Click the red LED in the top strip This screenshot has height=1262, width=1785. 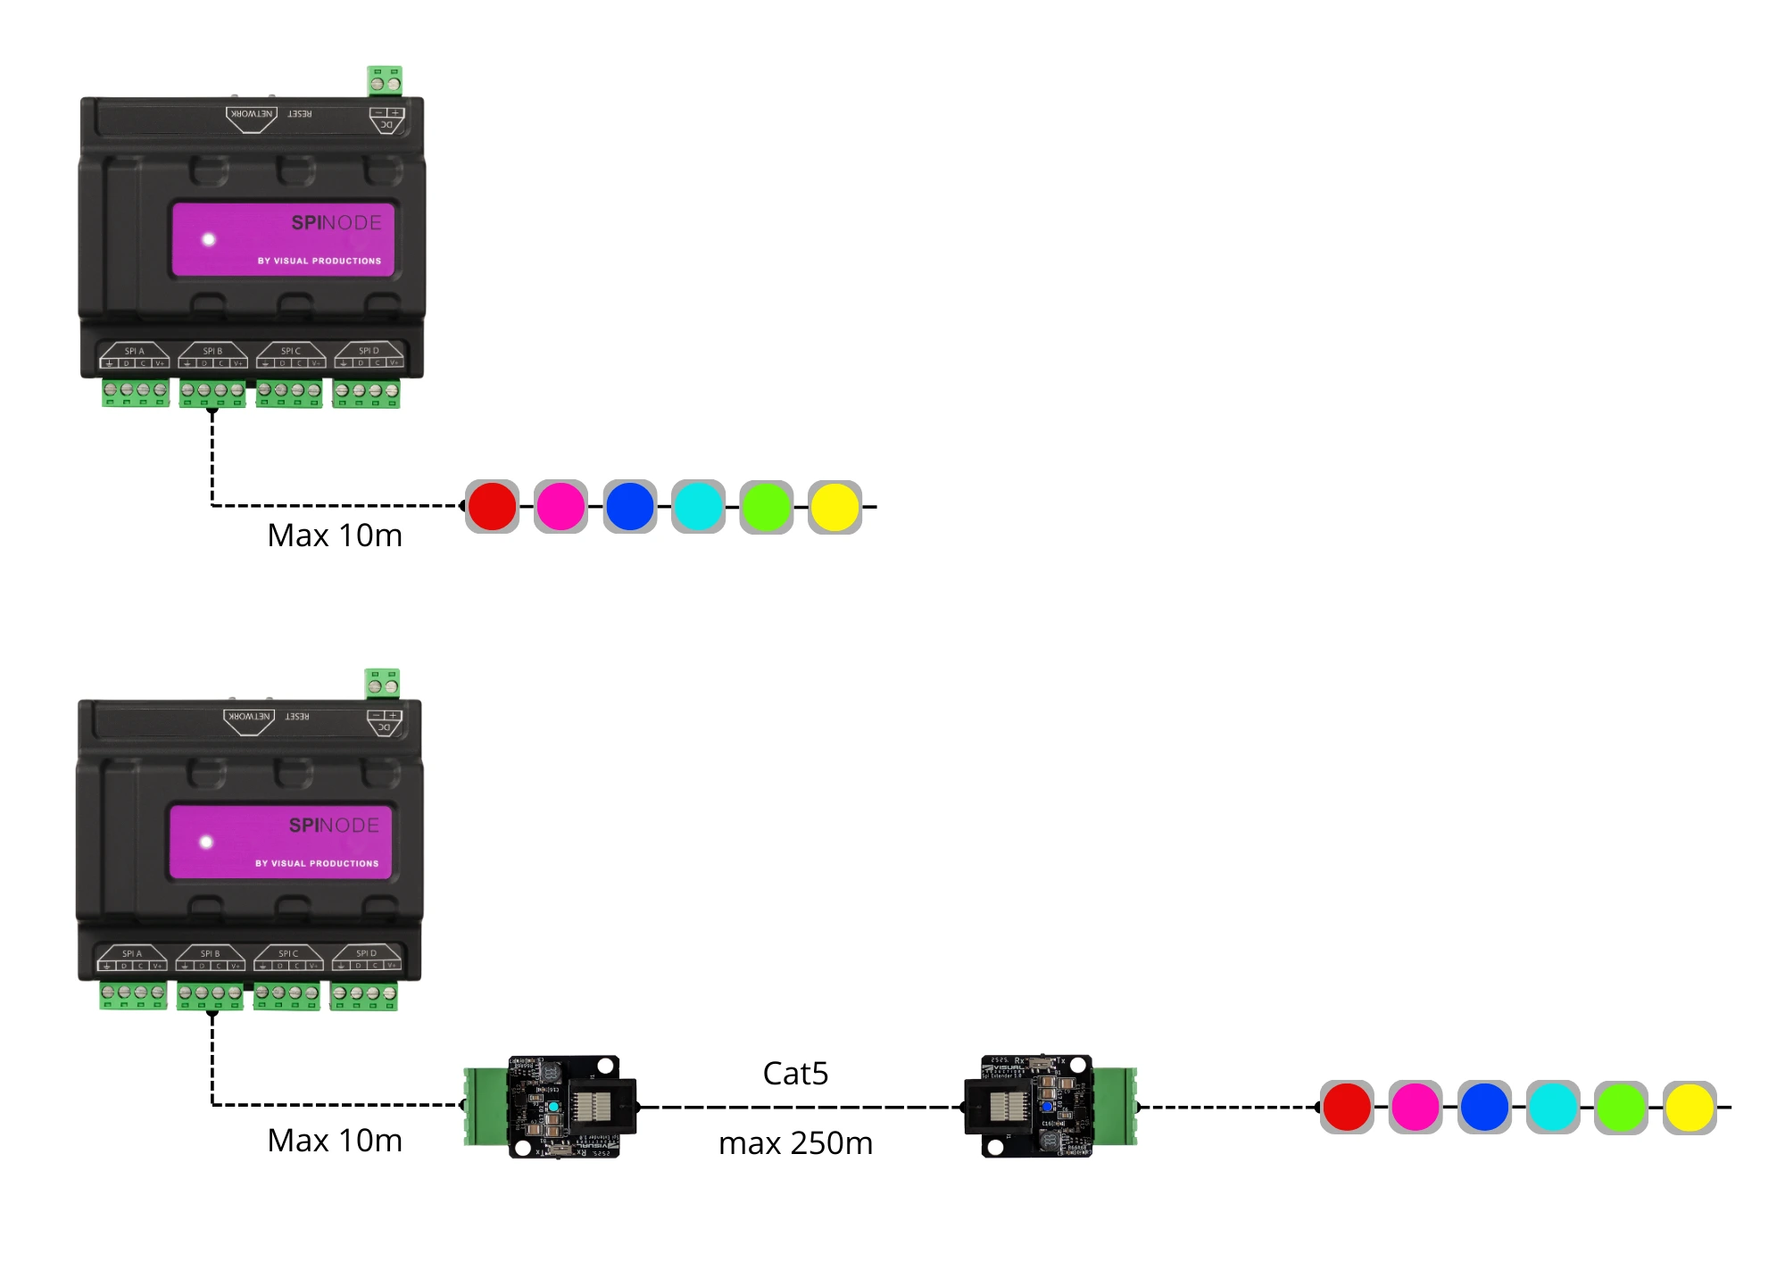492,506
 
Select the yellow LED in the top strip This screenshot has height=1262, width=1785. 834,506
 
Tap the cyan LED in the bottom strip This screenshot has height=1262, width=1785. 1553,1107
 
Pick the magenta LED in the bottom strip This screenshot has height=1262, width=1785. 1416,1107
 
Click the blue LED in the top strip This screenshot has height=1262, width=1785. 629,506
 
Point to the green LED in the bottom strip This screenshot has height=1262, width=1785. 1621,1107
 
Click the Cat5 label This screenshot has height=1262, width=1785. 795,1073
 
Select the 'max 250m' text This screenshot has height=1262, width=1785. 795,1142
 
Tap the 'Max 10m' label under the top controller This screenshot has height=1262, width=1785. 335,536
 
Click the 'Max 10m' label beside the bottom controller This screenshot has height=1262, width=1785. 335,1141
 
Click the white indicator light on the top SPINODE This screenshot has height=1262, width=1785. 209,239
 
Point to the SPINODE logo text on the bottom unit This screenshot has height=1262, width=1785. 334,826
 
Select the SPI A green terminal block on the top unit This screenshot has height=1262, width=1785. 135,393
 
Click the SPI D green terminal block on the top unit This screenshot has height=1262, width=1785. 366,393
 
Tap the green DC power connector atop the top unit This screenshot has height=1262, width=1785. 385,81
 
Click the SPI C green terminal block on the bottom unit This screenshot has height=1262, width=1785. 286,995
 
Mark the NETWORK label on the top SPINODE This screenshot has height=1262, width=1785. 252,114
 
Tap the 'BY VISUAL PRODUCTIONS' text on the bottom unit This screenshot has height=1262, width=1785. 317,863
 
